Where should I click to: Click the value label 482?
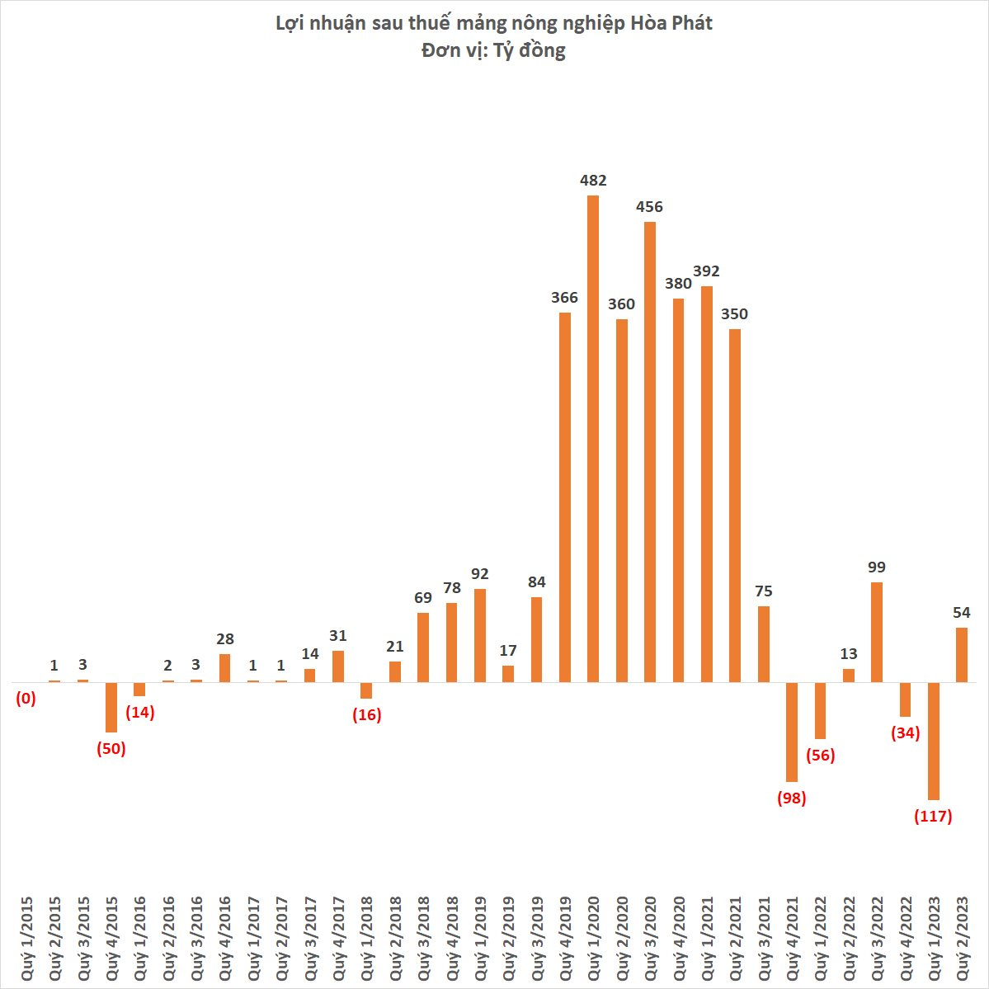click(x=593, y=181)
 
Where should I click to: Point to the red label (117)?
click(x=933, y=817)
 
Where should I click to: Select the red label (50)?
click(x=111, y=749)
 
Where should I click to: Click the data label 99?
click(x=877, y=567)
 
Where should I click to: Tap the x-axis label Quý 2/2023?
click(x=962, y=938)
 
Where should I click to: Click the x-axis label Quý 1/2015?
click(x=27, y=938)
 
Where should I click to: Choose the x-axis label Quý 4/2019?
click(x=565, y=938)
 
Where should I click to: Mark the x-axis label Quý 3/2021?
click(x=763, y=938)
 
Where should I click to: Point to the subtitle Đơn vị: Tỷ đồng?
click(x=493, y=50)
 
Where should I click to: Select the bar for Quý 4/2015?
click(x=111, y=707)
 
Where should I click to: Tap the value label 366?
click(x=565, y=298)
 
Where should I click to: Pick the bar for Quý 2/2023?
click(x=962, y=655)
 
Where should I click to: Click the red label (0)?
click(x=26, y=699)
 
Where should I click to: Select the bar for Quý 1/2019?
click(x=480, y=636)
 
